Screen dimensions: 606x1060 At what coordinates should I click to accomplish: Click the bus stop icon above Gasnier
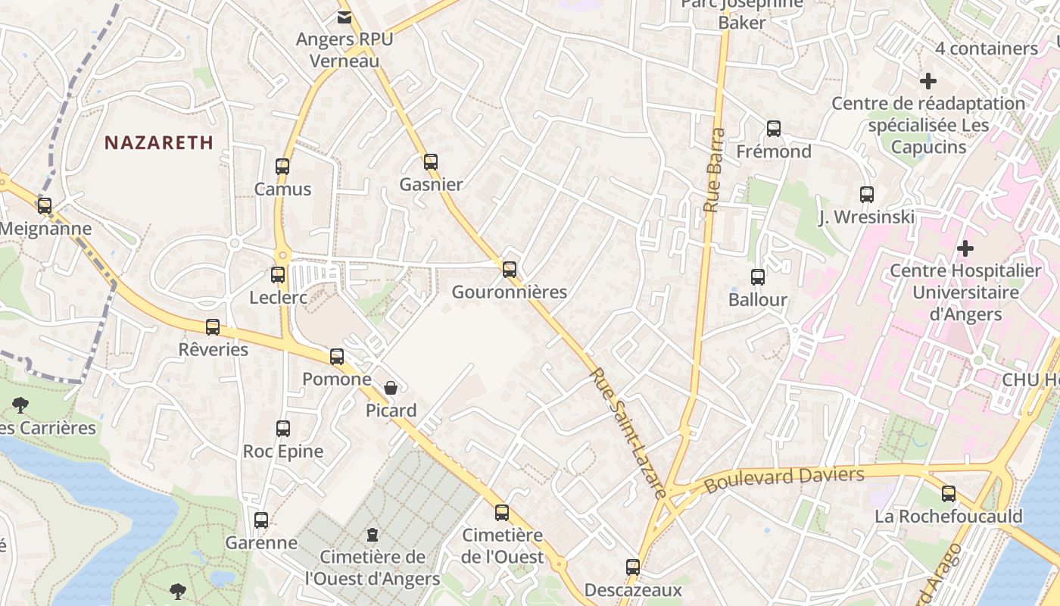(431, 161)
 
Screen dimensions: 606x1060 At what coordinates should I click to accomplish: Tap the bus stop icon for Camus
(282, 166)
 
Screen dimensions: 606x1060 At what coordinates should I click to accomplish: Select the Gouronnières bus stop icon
(510, 269)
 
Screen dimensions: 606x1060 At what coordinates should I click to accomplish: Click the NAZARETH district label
(159, 142)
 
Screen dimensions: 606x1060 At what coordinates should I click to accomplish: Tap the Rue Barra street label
(713, 170)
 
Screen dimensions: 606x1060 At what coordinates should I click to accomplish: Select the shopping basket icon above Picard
(391, 388)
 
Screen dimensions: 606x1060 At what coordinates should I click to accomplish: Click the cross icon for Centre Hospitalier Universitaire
(965, 248)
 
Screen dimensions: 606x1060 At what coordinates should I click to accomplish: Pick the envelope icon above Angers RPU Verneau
(344, 17)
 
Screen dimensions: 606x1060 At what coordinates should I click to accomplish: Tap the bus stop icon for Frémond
(773, 129)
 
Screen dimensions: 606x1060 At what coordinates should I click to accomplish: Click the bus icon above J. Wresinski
(867, 195)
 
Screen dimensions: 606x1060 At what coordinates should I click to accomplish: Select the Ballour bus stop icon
(758, 277)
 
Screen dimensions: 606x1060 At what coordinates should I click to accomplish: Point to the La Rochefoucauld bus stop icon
(949, 494)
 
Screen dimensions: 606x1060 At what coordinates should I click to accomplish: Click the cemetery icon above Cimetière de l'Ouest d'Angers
(372, 535)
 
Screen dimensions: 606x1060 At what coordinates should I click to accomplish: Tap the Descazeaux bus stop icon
(633, 567)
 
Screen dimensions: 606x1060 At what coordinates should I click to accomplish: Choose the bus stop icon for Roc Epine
(283, 429)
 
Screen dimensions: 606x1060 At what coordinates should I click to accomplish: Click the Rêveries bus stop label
(213, 349)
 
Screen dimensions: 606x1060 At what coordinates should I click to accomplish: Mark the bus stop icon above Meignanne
(45, 205)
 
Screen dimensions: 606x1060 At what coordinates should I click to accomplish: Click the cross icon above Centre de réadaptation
(928, 80)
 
